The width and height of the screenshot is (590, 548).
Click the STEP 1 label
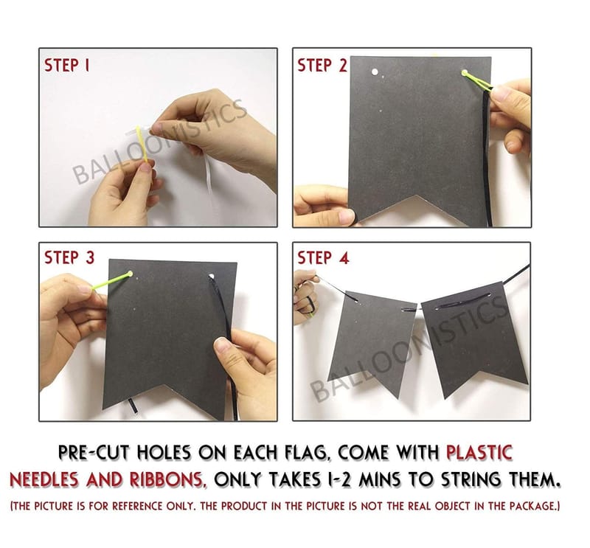click(67, 66)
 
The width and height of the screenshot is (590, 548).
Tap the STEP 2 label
click(322, 66)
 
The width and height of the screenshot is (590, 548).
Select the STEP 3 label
click(69, 258)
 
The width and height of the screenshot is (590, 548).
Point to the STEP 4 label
click(323, 258)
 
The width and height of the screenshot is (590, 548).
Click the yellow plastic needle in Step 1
click(142, 145)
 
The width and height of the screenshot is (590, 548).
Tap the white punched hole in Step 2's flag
click(375, 72)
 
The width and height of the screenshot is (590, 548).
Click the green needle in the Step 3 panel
click(112, 281)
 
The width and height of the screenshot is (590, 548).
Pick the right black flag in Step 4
click(475, 339)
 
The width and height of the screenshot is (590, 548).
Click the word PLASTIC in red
click(479, 452)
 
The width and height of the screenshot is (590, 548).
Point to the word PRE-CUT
click(94, 452)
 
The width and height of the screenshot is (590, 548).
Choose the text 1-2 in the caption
click(337, 479)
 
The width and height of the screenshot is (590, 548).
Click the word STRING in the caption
click(472, 479)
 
